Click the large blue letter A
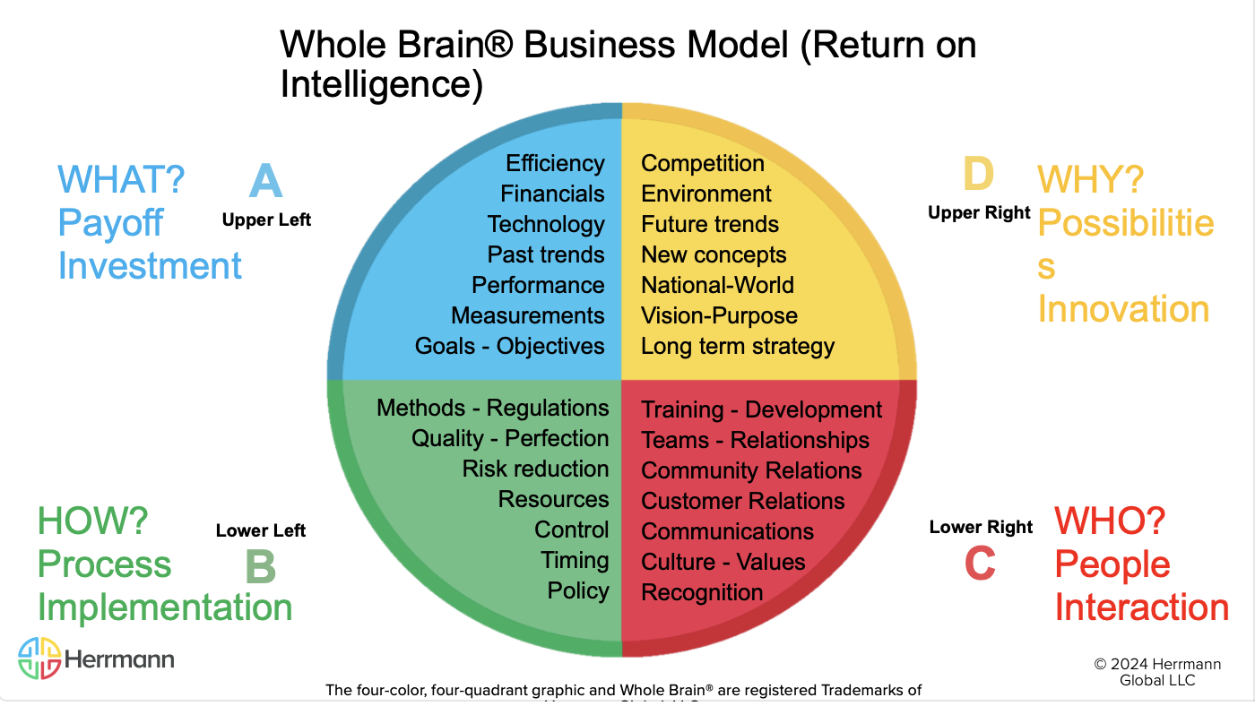coord(266,181)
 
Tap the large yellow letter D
coord(978,175)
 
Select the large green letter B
coord(260,566)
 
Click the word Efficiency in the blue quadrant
coord(555,163)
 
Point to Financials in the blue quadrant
coord(552,194)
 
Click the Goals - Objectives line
coord(509,346)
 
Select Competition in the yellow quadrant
coord(703,163)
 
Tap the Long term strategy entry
coord(738,346)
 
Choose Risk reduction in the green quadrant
coord(535,469)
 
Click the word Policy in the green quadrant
coord(578,590)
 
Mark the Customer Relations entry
coord(743,501)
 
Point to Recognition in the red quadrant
coord(702,592)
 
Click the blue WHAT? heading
coord(121,179)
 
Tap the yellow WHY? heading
coord(1090,179)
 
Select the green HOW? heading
coord(93,521)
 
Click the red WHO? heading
coord(1110,521)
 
